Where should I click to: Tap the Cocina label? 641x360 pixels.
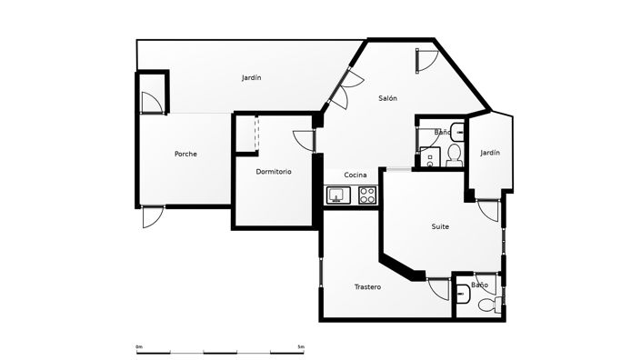coord(356,175)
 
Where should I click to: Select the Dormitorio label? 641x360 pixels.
coord(274,171)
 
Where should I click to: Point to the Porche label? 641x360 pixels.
coord(185,154)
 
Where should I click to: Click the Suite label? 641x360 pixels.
coord(440,226)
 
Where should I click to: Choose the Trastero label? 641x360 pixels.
coord(367,287)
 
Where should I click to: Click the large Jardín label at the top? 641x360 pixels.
coord(252,78)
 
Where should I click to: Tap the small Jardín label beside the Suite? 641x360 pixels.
coord(490,153)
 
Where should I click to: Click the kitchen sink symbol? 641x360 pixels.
coord(338,195)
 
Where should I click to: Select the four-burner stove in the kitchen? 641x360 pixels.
coord(367,195)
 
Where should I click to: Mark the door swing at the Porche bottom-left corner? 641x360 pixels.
coord(152,217)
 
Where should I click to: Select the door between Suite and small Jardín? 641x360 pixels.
coord(490,211)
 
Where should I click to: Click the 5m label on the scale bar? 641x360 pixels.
coord(301,346)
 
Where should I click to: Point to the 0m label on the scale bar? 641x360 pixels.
coord(139,346)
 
